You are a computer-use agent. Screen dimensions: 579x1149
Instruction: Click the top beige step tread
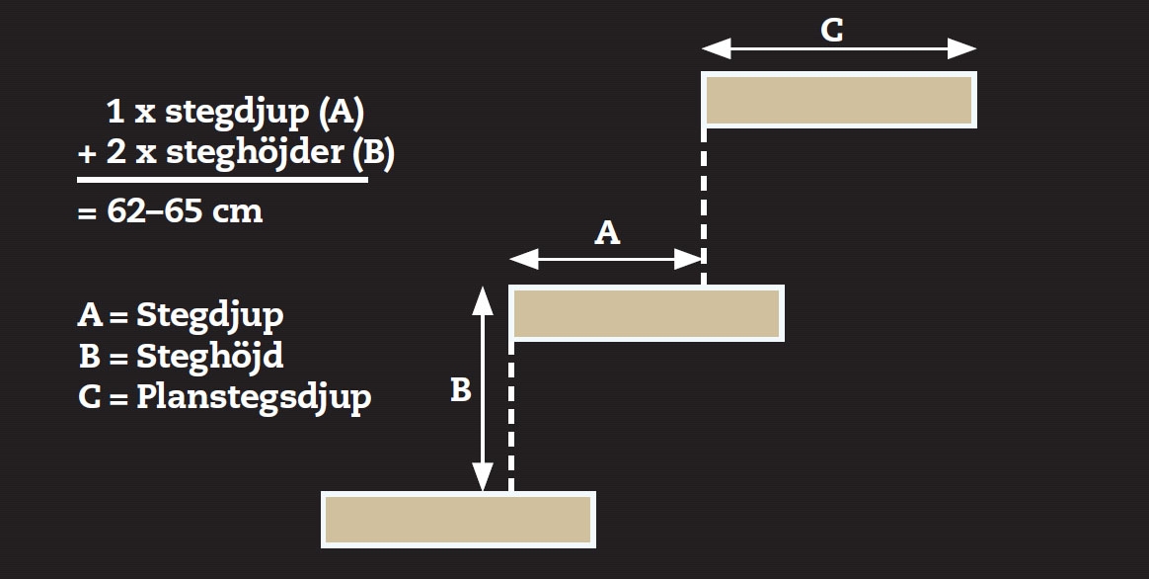(839, 100)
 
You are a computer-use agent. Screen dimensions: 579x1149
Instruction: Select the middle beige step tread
(647, 313)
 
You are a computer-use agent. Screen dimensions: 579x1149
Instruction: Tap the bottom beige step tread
(458, 520)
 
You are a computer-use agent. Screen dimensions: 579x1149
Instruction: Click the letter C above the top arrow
(832, 30)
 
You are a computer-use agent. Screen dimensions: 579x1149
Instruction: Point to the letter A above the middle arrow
(608, 232)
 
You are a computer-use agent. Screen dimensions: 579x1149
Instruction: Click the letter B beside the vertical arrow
(460, 391)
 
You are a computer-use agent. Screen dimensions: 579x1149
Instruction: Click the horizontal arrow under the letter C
(839, 48)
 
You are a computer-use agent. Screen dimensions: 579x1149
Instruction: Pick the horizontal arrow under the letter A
(606, 259)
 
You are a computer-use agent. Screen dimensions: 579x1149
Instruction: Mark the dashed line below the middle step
(511, 415)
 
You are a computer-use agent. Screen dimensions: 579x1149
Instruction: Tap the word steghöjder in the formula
(252, 154)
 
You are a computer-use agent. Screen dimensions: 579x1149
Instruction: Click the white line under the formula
(222, 180)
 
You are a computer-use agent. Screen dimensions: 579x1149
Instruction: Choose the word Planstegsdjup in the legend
(254, 397)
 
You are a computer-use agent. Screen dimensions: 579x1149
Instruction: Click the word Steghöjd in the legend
(210, 356)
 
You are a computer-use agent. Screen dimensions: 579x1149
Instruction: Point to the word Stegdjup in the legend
(210, 315)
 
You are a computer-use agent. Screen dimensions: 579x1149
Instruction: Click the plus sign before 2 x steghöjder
(85, 155)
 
